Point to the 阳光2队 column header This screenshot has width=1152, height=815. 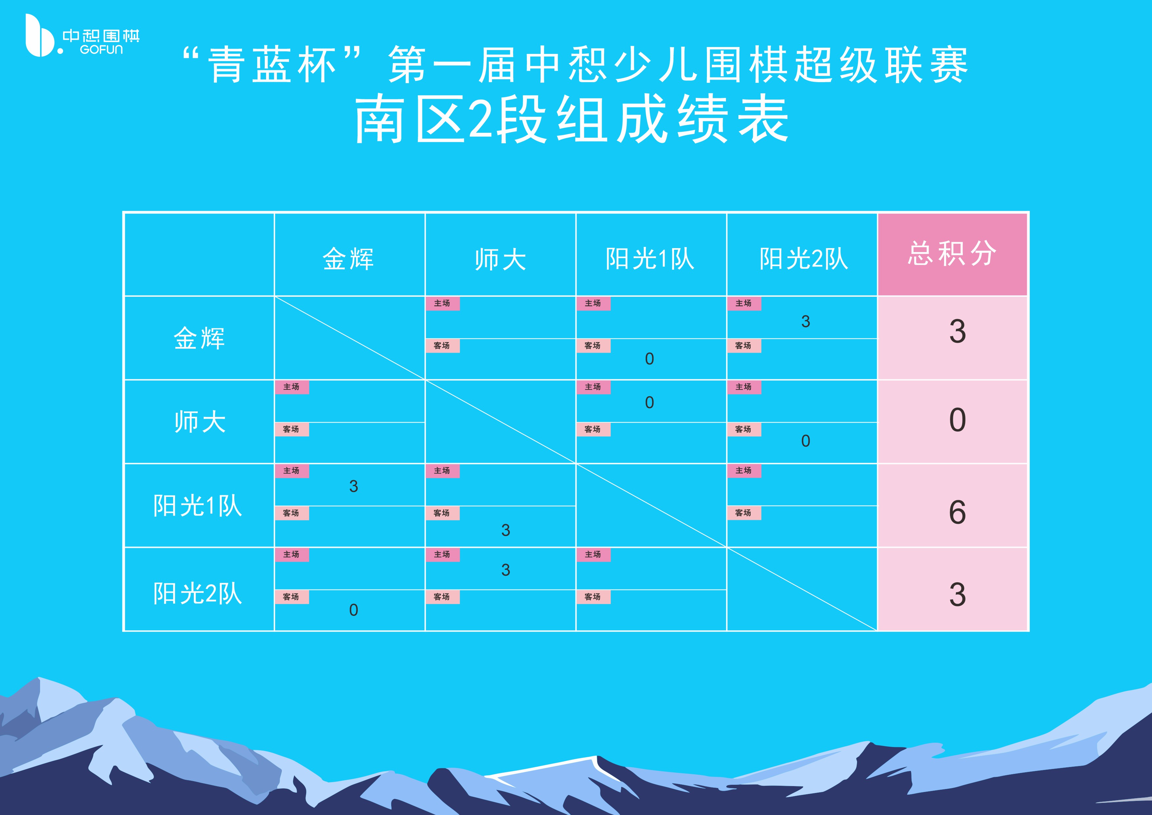[x=803, y=259]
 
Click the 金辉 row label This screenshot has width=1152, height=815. [x=199, y=338]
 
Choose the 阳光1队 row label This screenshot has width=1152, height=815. [x=198, y=505]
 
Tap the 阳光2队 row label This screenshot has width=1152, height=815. [x=198, y=594]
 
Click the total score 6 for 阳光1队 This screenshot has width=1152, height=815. [x=957, y=512]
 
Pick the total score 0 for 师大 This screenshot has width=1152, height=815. [x=957, y=420]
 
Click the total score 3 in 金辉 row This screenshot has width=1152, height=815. [x=957, y=332]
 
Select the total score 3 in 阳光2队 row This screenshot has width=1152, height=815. [x=957, y=595]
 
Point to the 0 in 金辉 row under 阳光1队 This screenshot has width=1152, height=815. [x=649, y=359]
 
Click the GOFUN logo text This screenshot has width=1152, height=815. [x=102, y=50]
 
